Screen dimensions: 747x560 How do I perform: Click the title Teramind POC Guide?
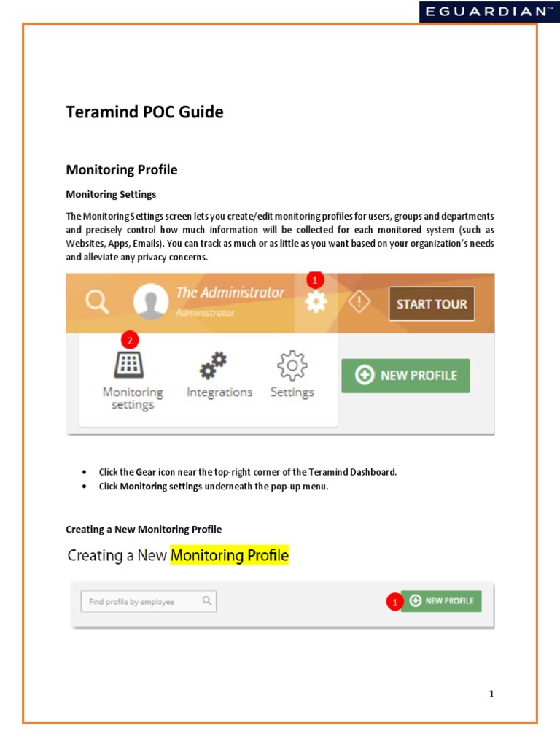point(144,112)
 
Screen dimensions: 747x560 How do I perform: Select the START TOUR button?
point(431,303)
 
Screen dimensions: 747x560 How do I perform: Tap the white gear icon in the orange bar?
point(316,302)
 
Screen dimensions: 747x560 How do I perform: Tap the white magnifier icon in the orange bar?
point(98,302)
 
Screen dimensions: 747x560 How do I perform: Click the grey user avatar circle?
point(152,302)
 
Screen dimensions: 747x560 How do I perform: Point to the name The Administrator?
point(230,293)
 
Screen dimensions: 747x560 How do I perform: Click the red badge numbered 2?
point(129,340)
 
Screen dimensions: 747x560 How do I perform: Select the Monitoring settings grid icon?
point(129,363)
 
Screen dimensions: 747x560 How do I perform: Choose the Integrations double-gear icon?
point(214,365)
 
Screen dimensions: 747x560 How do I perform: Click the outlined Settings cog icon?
point(292,365)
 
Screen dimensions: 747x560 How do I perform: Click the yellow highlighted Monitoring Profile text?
point(230,556)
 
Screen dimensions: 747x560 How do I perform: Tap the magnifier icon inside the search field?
point(207,601)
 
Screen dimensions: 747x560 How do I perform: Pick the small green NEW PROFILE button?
point(441,601)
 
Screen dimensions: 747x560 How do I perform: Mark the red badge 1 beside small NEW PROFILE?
point(394,603)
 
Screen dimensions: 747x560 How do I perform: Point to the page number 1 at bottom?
point(491,694)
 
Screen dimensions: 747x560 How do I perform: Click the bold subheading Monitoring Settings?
point(111,194)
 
